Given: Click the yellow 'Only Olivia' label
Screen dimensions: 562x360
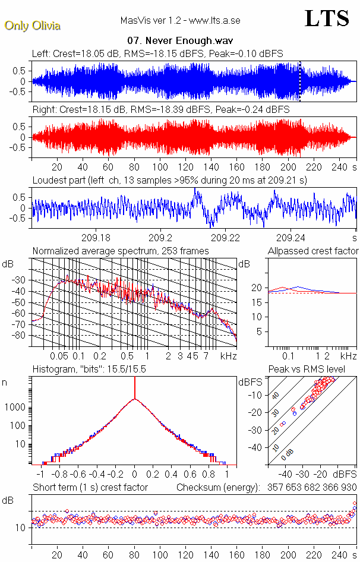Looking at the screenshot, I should [x=33, y=26].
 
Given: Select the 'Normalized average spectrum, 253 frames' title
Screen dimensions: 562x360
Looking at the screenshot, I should [x=121, y=251].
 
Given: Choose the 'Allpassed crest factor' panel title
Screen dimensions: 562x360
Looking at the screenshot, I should [x=313, y=251].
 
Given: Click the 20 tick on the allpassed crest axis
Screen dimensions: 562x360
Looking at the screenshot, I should [x=257, y=288].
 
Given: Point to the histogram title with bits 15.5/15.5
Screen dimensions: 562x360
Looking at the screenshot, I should [x=89, y=370].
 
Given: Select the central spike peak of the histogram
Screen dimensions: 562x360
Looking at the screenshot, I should [x=135, y=380].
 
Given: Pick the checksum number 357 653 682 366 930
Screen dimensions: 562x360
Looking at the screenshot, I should [x=310, y=487].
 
